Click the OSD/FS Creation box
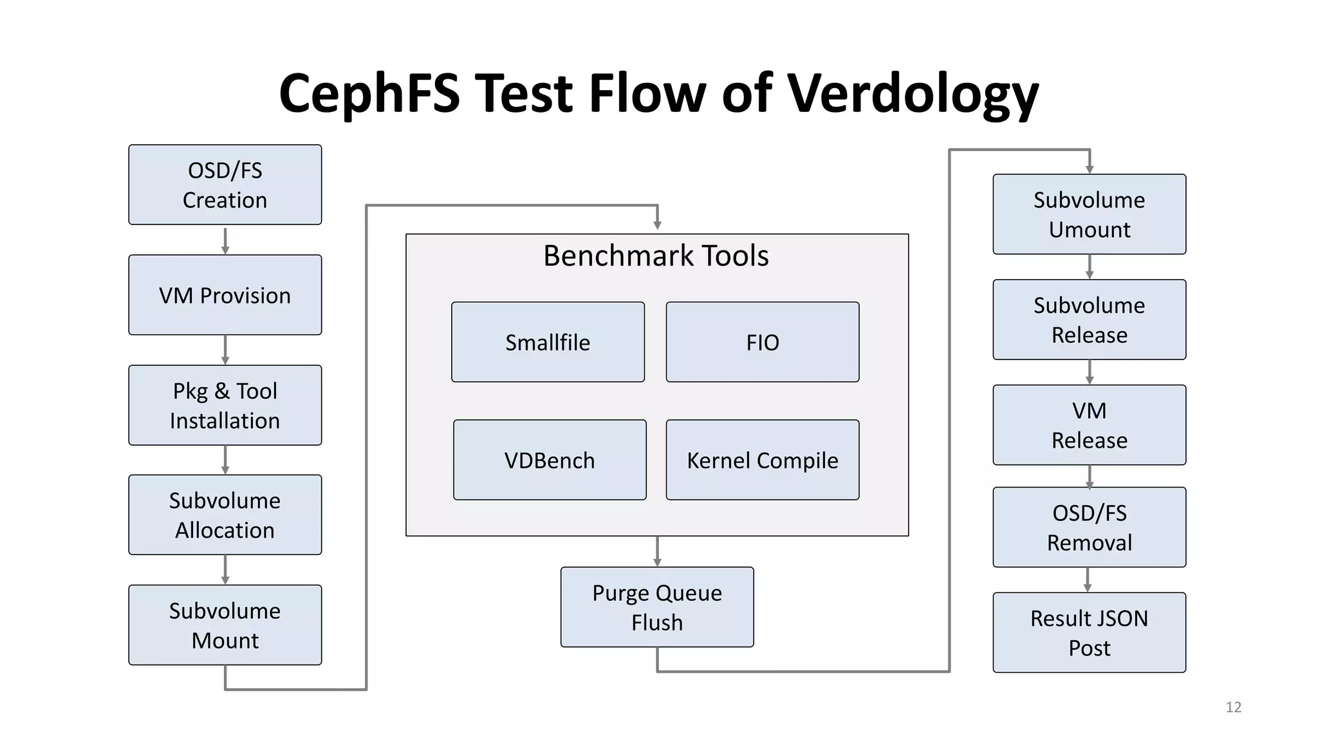click(225, 185)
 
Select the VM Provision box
click(225, 295)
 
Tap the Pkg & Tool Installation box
click(225, 405)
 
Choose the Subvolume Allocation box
click(225, 515)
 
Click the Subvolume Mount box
click(225, 625)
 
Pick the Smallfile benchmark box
click(548, 342)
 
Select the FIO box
click(762, 342)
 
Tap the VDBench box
click(550, 460)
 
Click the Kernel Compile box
click(762, 460)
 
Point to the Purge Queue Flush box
click(656, 607)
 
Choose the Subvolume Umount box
click(1089, 214)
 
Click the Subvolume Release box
click(1089, 320)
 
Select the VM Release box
click(1089, 425)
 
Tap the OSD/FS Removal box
click(1089, 527)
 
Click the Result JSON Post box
click(1089, 632)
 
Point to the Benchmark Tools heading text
click(656, 256)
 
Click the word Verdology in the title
click(913, 94)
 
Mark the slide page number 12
click(1233, 707)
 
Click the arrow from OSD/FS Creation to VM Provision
click(225, 240)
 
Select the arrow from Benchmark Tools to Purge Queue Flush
click(657, 551)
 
